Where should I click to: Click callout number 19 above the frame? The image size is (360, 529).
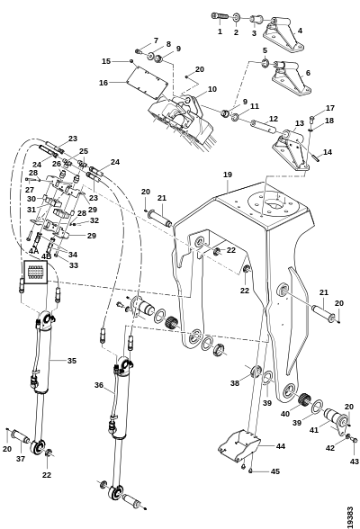[228, 175]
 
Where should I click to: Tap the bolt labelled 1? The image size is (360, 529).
[220, 16]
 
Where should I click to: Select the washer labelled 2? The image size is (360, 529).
[236, 17]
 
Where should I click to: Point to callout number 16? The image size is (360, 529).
[103, 83]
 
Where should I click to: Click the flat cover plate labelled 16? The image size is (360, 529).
[147, 84]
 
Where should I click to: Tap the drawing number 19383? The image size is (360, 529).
[350, 517]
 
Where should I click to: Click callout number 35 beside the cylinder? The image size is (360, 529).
[72, 361]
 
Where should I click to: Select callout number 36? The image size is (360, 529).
[99, 385]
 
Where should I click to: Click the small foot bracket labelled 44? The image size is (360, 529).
[239, 445]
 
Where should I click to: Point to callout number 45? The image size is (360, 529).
[275, 471]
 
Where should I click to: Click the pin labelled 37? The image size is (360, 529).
[21, 436]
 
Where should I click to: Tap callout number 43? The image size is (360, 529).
[355, 462]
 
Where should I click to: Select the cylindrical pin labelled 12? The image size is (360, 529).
[264, 126]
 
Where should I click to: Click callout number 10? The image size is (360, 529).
[212, 89]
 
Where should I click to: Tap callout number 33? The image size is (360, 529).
[74, 265]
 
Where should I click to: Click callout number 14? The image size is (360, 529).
[328, 152]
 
